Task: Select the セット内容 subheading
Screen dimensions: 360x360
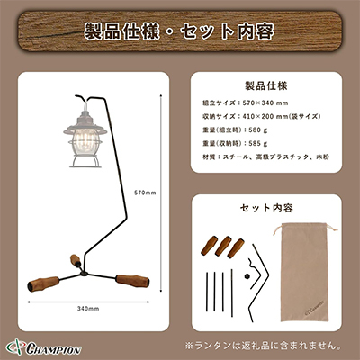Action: tap(267, 208)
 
